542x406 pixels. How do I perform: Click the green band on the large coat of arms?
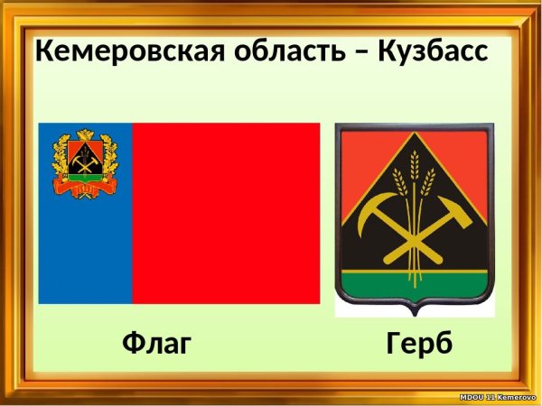point(415,288)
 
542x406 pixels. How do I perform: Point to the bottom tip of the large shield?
point(415,312)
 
